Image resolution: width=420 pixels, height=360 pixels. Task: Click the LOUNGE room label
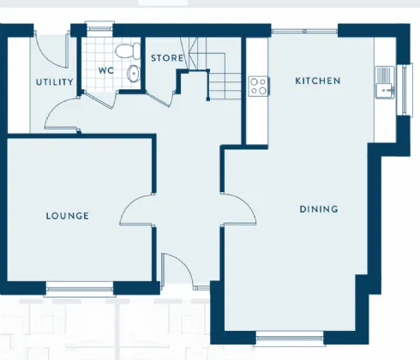point(68,216)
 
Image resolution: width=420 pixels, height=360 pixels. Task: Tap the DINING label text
point(319,209)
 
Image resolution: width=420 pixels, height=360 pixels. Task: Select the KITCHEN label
point(318,81)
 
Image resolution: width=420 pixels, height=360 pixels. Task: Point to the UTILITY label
point(55,82)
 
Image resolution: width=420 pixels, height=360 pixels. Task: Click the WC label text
point(105,70)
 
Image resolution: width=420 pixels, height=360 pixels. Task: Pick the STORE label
point(167,58)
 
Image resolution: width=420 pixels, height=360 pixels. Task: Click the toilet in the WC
point(128,51)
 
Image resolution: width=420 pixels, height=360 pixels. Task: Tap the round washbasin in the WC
point(134,74)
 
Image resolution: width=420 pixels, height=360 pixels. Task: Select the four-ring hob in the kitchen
point(258,87)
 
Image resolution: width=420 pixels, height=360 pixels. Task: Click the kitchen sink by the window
point(385,82)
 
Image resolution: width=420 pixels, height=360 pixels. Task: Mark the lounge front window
point(80,289)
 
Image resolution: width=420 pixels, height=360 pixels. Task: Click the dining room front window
point(290,339)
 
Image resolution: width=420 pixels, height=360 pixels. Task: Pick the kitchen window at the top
point(304,31)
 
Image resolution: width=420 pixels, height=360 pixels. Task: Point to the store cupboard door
point(160,99)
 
